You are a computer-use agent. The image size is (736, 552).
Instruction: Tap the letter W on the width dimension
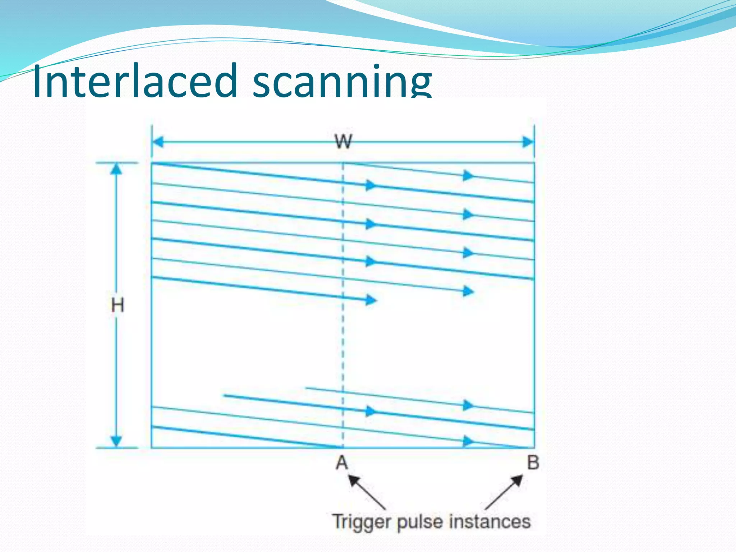pyautogui.click(x=344, y=141)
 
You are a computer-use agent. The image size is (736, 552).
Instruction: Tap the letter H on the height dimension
pyautogui.click(x=118, y=305)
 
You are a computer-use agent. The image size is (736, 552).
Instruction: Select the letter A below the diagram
pyautogui.click(x=342, y=463)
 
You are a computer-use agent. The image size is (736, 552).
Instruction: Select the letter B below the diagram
pyautogui.click(x=533, y=463)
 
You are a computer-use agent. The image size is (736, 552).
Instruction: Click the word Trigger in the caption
pyautogui.click(x=361, y=521)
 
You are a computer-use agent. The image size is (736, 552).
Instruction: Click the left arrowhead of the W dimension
pyautogui.click(x=157, y=142)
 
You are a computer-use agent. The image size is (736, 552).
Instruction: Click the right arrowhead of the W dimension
pyautogui.click(x=528, y=142)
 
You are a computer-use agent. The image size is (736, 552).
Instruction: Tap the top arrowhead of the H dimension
pyautogui.click(x=116, y=169)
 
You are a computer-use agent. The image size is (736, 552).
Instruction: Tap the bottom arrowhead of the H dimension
pyautogui.click(x=116, y=441)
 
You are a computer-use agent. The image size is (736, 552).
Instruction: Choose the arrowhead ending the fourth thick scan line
pyautogui.click(x=371, y=300)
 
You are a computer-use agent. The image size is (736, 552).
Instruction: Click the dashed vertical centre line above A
pyautogui.click(x=343, y=341)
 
